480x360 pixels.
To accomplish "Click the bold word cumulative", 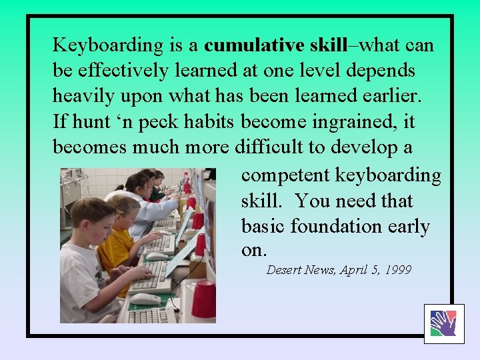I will point(253,45).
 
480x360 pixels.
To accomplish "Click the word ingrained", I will point(360,122).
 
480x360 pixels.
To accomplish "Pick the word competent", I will point(285,175).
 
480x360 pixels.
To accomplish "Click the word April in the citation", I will point(355,270).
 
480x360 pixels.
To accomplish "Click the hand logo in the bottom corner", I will point(443,323).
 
